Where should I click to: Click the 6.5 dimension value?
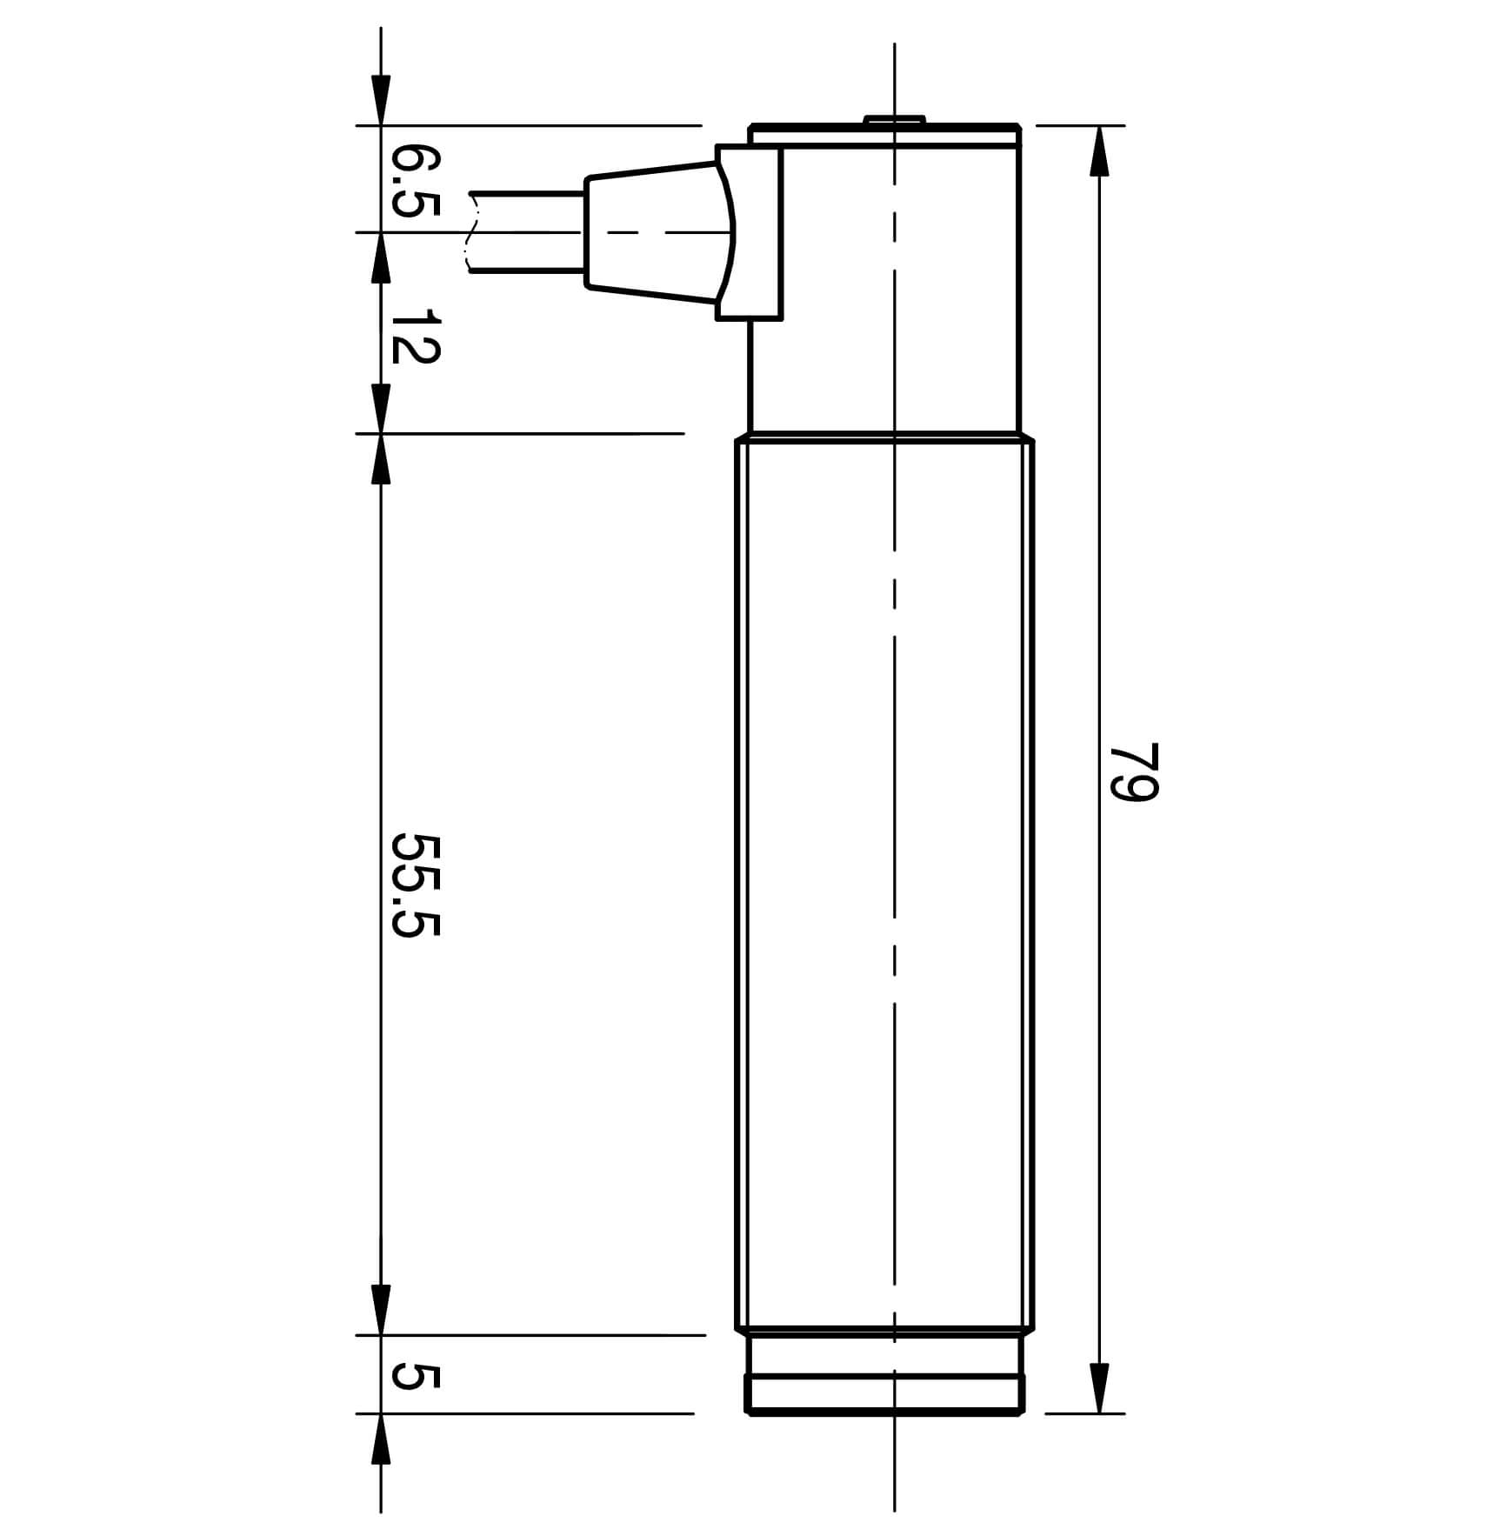point(416,181)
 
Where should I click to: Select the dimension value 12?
point(416,337)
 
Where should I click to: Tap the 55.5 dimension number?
point(416,885)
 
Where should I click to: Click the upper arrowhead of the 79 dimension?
point(1099,150)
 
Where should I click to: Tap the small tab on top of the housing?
point(894,120)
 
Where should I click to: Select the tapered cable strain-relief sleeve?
point(652,232)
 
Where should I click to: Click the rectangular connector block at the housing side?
point(750,232)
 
